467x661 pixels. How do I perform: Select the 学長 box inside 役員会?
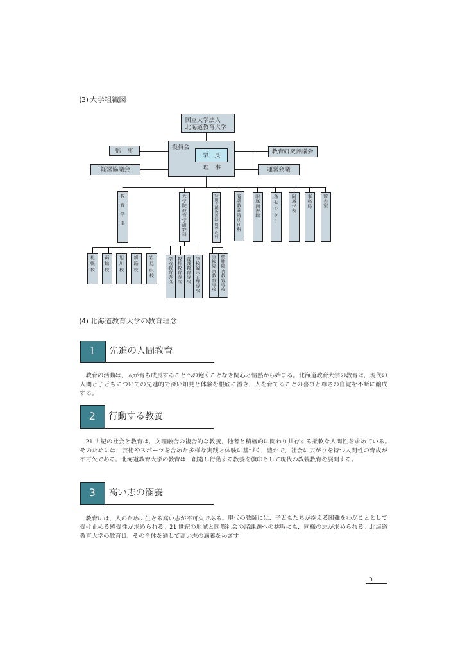tap(211, 156)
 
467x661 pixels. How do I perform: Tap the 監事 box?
tap(124, 151)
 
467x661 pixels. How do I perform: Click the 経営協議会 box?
tap(115, 169)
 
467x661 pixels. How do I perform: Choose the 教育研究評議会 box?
tap(293, 151)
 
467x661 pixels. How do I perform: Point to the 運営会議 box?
tap(278, 169)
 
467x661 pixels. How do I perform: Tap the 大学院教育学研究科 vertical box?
tap(185, 216)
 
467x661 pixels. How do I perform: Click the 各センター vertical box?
tap(276, 216)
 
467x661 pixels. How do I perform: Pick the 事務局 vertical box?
tap(309, 216)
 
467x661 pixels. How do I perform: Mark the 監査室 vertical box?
tap(326, 216)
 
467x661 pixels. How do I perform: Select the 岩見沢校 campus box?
tap(151, 268)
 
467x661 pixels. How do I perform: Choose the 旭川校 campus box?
tap(121, 268)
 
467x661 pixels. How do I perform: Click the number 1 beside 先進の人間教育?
tap(92, 351)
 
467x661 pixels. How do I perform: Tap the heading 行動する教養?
tap(136, 416)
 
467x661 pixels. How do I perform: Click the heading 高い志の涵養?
tap(136, 493)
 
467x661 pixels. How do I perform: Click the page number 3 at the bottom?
tap(371, 580)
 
